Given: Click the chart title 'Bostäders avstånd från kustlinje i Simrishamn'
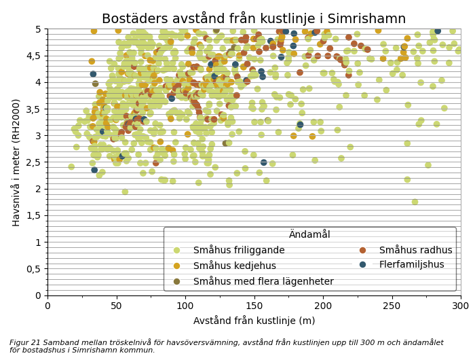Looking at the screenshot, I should [x=254, y=18].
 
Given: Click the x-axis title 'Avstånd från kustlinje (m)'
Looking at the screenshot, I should [x=254, y=321].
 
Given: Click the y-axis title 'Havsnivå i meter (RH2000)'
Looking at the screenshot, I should [x=16, y=162].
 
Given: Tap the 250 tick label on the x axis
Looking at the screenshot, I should [x=392, y=307].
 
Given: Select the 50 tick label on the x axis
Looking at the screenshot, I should [x=116, y=307].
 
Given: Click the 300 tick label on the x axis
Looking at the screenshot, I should [x=460, y=307].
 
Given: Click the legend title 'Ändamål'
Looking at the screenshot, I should [x=309, y=234].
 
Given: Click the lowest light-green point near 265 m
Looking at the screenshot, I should [x=415, y=202].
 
